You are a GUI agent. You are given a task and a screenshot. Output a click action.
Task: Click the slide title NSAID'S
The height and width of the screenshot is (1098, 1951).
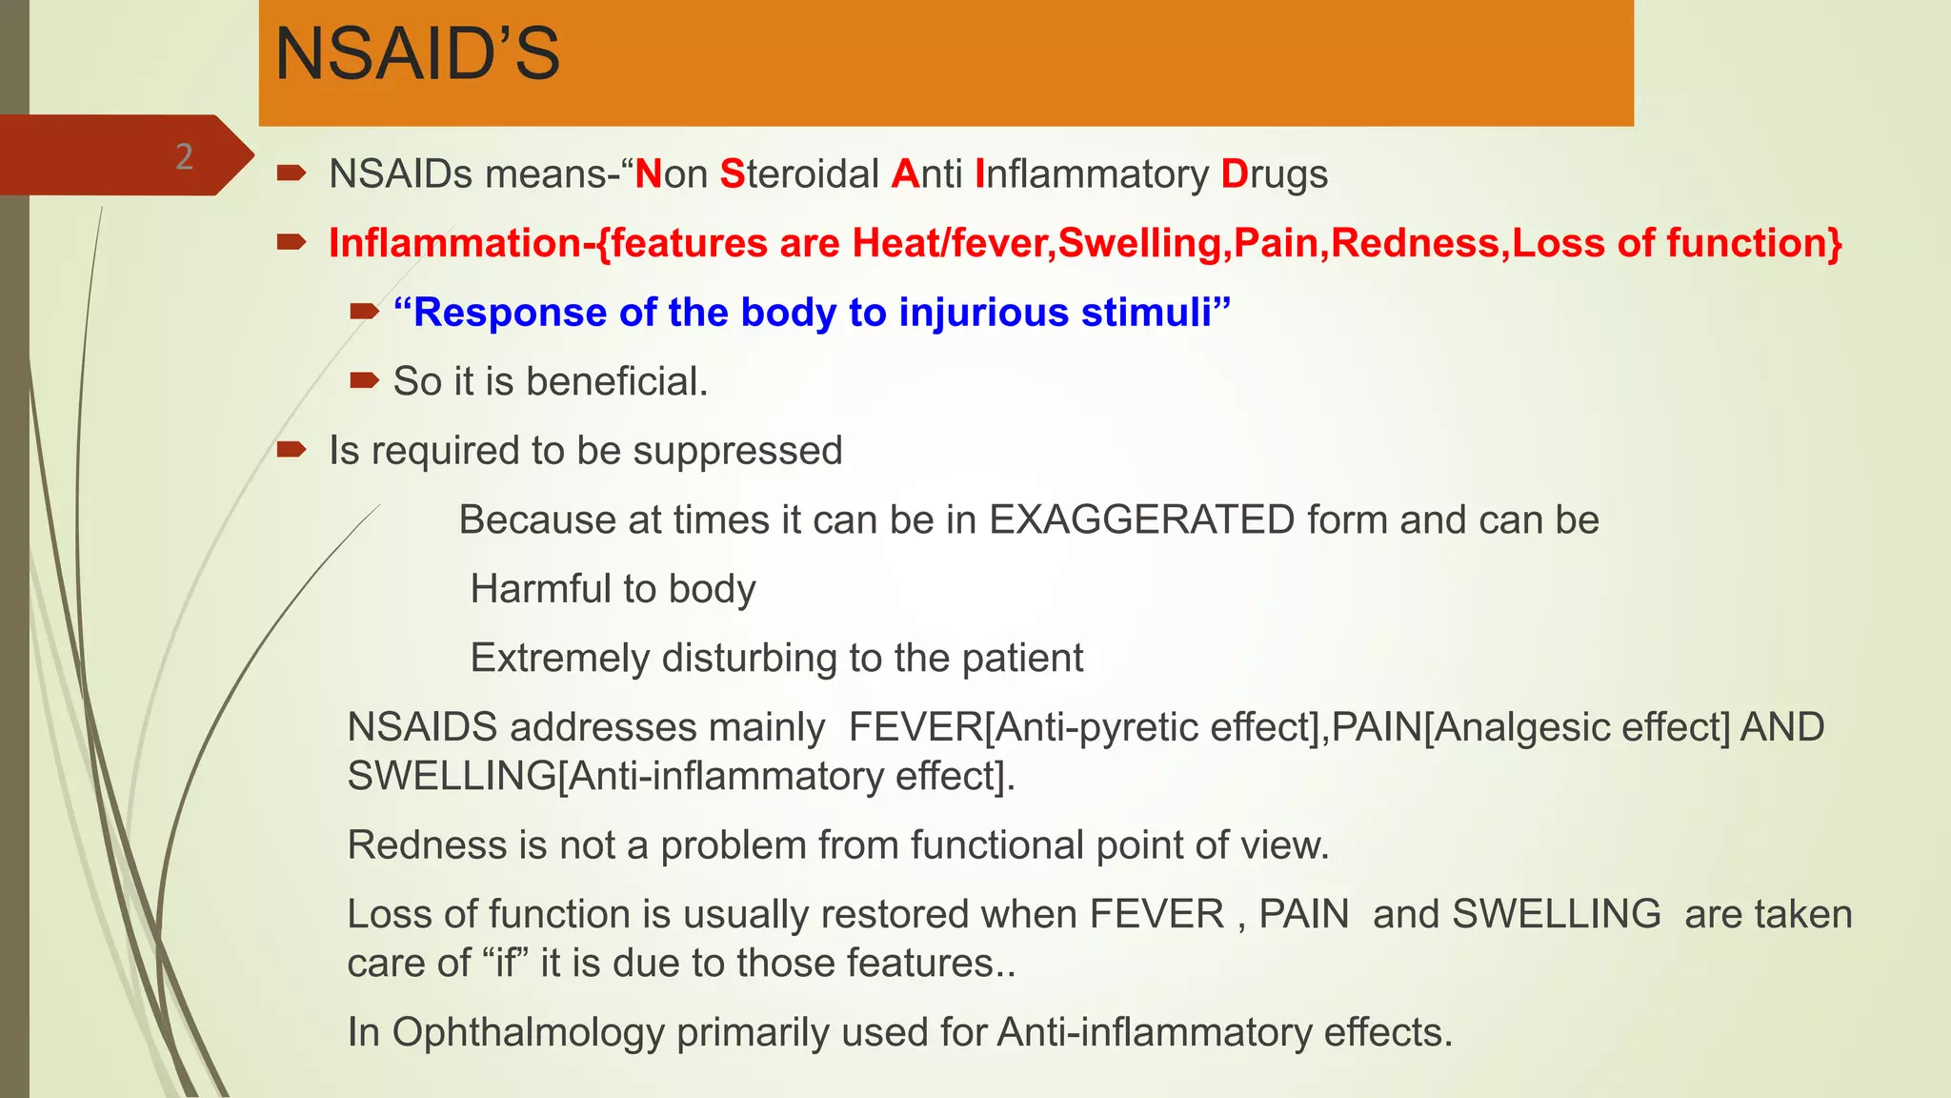point(417,55)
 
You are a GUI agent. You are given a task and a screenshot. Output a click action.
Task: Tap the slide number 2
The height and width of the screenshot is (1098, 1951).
point(184,156)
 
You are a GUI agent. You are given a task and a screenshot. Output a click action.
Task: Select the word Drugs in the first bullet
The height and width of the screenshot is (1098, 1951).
point(1274,174)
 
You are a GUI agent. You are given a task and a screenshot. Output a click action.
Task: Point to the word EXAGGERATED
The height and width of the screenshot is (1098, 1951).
point(1142,520)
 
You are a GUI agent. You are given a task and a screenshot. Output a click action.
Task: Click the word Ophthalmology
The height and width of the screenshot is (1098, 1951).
point(528,1032)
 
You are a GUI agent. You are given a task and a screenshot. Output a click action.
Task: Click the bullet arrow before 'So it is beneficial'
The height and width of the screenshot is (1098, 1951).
point(364,381)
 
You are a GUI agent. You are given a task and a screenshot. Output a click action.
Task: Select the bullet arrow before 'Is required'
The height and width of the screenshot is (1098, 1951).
point(291,450)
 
